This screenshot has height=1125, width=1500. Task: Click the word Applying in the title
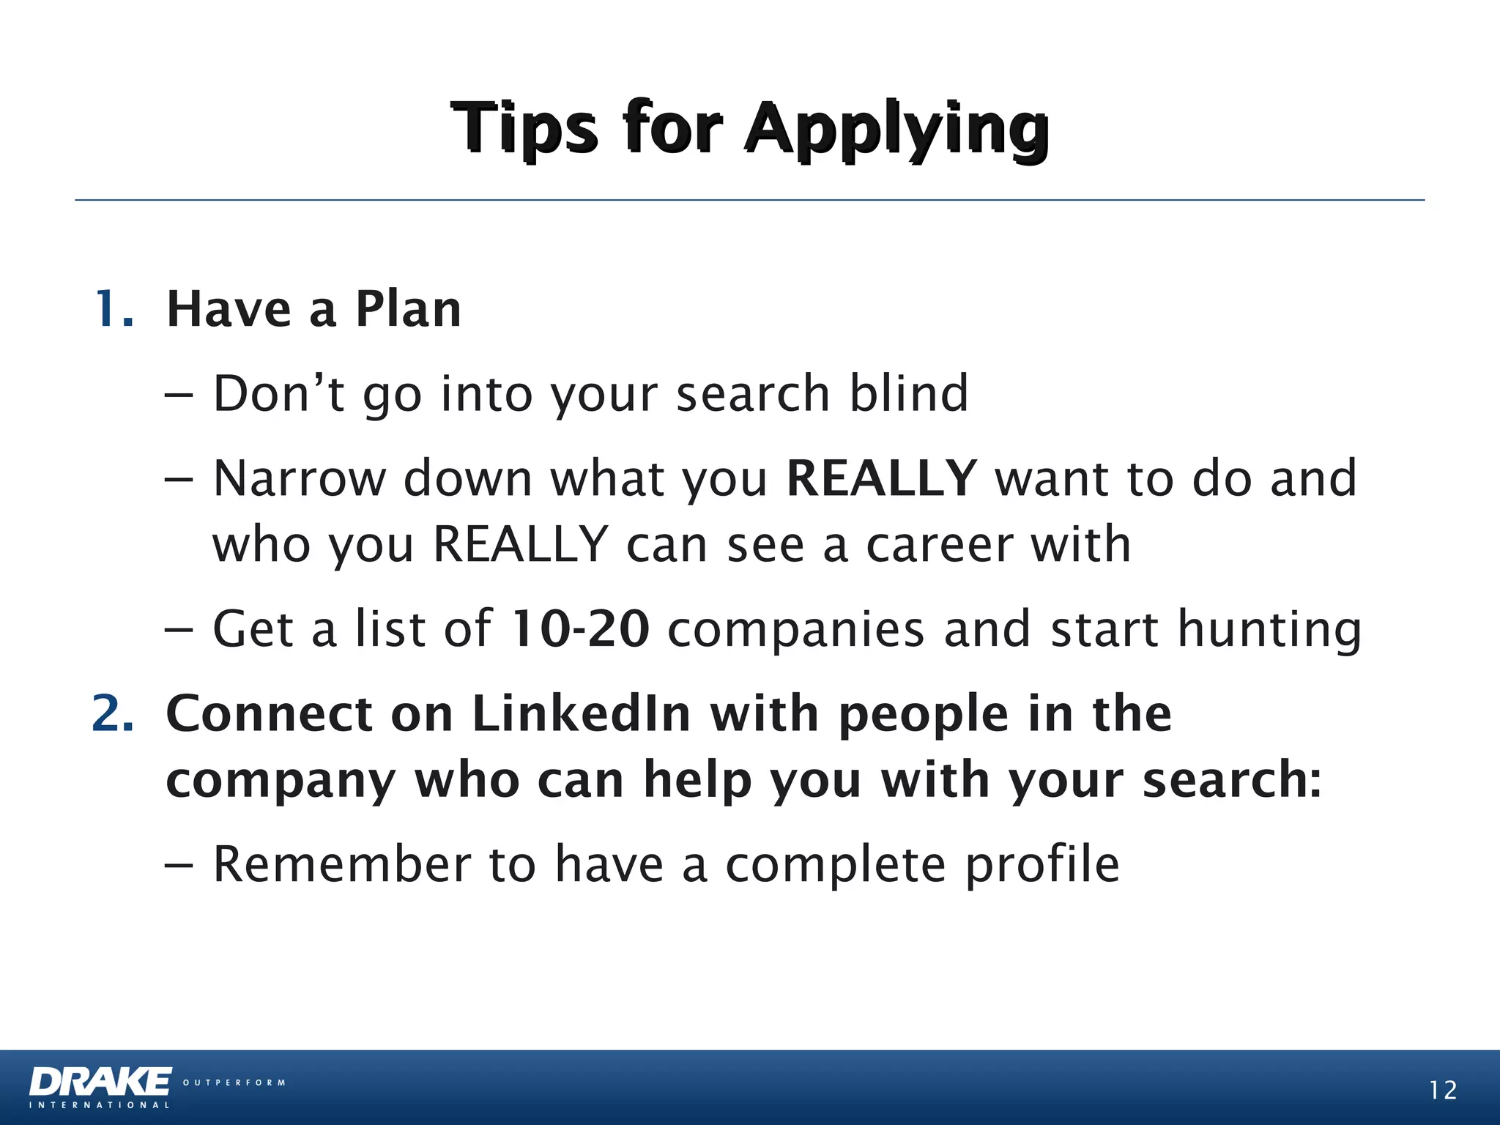tap(897, 130)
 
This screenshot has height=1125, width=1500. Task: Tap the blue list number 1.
tap(114, 309)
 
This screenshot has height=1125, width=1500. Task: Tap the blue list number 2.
tap(114, 713)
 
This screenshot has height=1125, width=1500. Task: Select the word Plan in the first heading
tap(408, 309)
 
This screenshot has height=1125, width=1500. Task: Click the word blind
tap(908, 394)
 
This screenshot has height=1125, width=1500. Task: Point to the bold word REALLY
tap(881, 478)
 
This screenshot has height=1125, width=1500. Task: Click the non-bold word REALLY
tap(520, 545)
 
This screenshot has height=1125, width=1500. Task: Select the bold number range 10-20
tap(579, 629)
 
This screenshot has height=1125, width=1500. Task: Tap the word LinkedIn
tap(582, 713)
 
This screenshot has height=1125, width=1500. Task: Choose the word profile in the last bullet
tap(1042, 866)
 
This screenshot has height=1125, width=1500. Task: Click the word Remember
tap(341, 864)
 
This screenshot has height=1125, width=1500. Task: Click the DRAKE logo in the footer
tap(100, 1083)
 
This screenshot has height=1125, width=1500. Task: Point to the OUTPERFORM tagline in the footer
tap(234, 1083)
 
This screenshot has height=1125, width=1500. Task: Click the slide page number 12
tap(1443, 1091)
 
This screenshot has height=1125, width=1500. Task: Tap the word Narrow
tap(299, 478)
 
